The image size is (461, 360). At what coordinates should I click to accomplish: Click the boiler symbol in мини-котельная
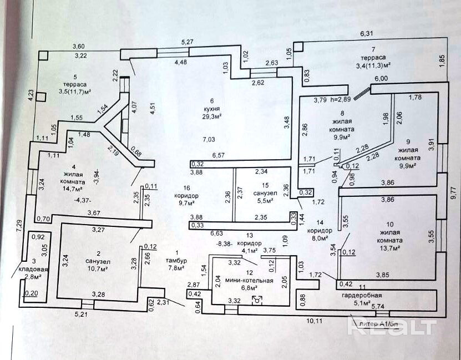coord(256,300)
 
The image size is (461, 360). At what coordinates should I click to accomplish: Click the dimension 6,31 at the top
coord(367,33)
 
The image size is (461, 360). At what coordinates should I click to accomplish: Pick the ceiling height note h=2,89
coord(340,100)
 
